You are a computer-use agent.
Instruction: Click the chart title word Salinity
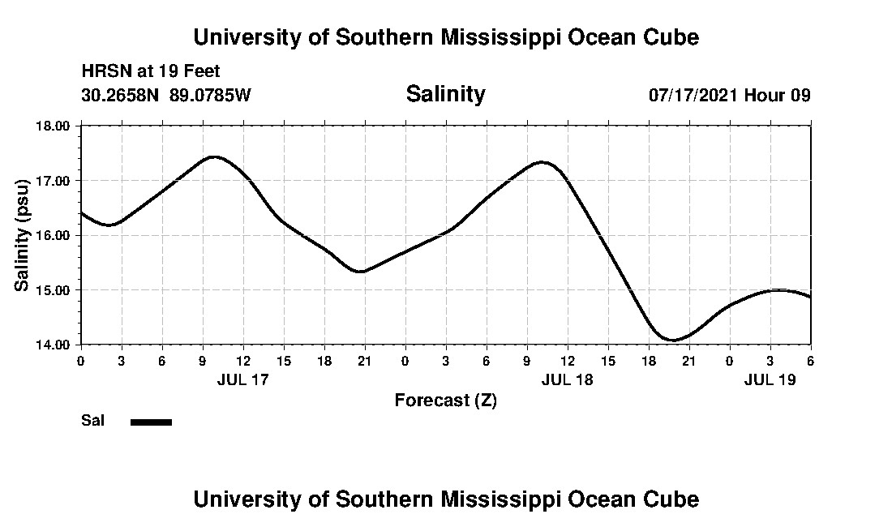(x=445, y=94)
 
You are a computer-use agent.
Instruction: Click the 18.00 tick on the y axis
(x=54, y=126)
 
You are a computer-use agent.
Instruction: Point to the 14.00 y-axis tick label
(x=54, y=345)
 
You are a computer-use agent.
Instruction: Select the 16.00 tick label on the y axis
(x=54, y=235)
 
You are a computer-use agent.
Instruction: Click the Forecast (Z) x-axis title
(x=445, y=400)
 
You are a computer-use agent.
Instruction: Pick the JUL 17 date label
(x=242, y=379)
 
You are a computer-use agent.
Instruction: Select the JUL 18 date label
(x=567, y=379)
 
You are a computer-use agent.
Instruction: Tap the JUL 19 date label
(x=770, y=379)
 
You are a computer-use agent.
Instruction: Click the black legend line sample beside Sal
(x=151, y=422)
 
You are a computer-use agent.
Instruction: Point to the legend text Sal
(x=92, y=421)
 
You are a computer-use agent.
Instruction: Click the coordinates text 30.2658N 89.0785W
(x=166, y=95)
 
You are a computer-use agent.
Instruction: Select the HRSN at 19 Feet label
(x=151, y=72)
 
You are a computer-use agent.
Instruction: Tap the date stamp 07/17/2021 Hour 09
(x=729, y=95)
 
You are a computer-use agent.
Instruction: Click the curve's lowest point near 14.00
(x=672, y=340)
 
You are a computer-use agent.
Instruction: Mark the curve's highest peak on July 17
(x=214, y=156)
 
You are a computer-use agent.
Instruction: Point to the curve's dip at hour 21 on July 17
(x=361, y=272)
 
